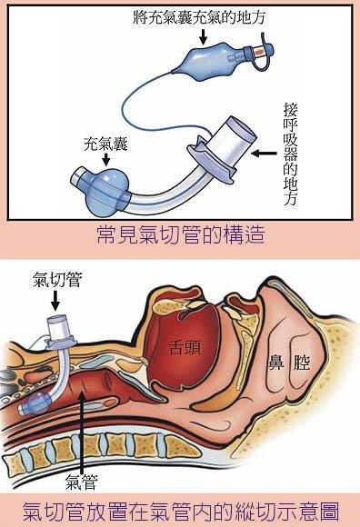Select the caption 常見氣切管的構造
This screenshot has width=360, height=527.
[180, 236]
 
